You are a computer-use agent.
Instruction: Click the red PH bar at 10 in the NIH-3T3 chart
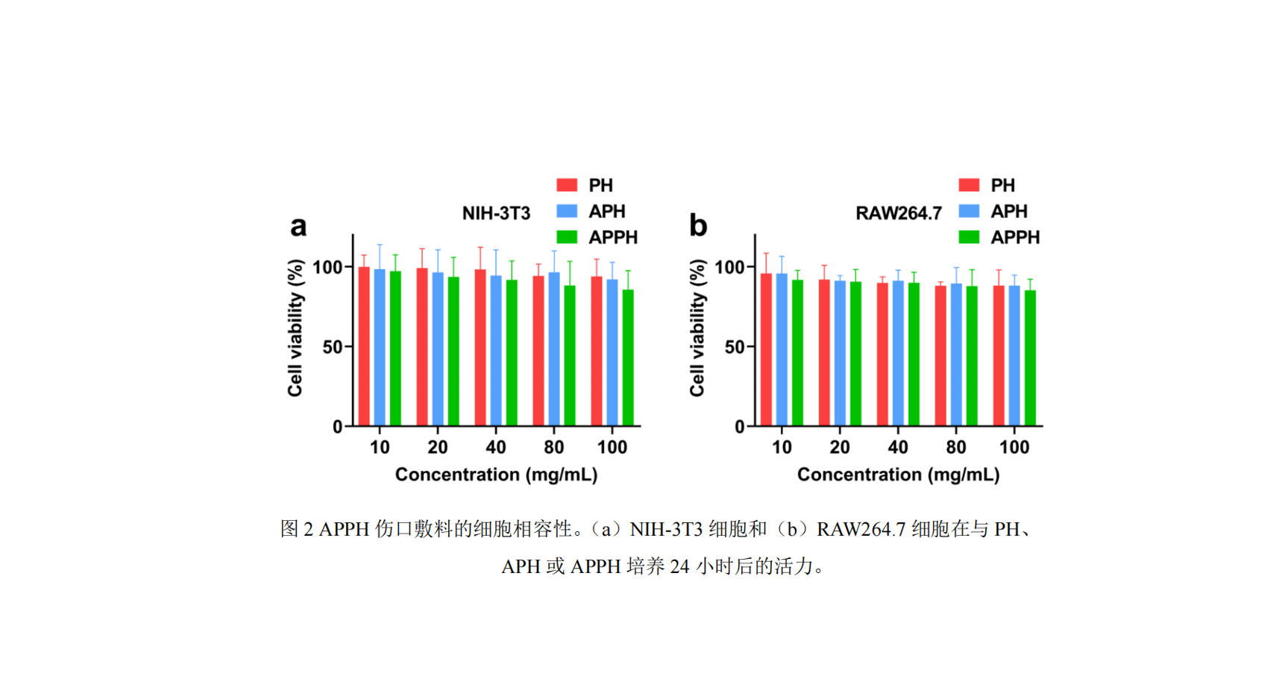tap(364, 346)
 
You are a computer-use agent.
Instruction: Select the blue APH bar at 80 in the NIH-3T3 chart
tap(554, 348)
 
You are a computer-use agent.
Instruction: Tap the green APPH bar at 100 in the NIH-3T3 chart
tap(628, 358)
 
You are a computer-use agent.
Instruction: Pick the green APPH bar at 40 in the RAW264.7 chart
tap(914, 354)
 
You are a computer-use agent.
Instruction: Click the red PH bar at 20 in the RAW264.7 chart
tap(824, 353)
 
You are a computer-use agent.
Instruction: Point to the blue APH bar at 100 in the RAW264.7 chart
tap(1014, 356)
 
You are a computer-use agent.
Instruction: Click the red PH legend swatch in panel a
tap(567, 184)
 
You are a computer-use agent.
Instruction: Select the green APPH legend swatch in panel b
tap(969, 237)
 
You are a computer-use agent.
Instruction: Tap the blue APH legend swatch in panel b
tap(969, 211)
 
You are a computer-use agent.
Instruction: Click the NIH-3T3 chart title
tap(496, 213)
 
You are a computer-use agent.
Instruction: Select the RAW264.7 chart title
tap(899, 213)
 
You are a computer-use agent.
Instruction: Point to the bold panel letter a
tap(298, 226)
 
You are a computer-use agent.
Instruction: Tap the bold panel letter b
tap(698, 225)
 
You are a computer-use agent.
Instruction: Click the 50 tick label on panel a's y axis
tap(333, 346)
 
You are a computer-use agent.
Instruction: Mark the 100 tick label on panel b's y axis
tap(729, 266)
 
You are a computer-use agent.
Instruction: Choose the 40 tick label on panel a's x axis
tap(496, 448)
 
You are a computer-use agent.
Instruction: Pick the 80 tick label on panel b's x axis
tap(956, 448)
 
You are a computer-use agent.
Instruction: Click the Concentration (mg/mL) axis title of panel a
tap(496, 475)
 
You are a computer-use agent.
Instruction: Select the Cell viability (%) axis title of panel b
tap(697, 328)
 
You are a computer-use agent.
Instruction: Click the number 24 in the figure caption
tap(679, 566)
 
